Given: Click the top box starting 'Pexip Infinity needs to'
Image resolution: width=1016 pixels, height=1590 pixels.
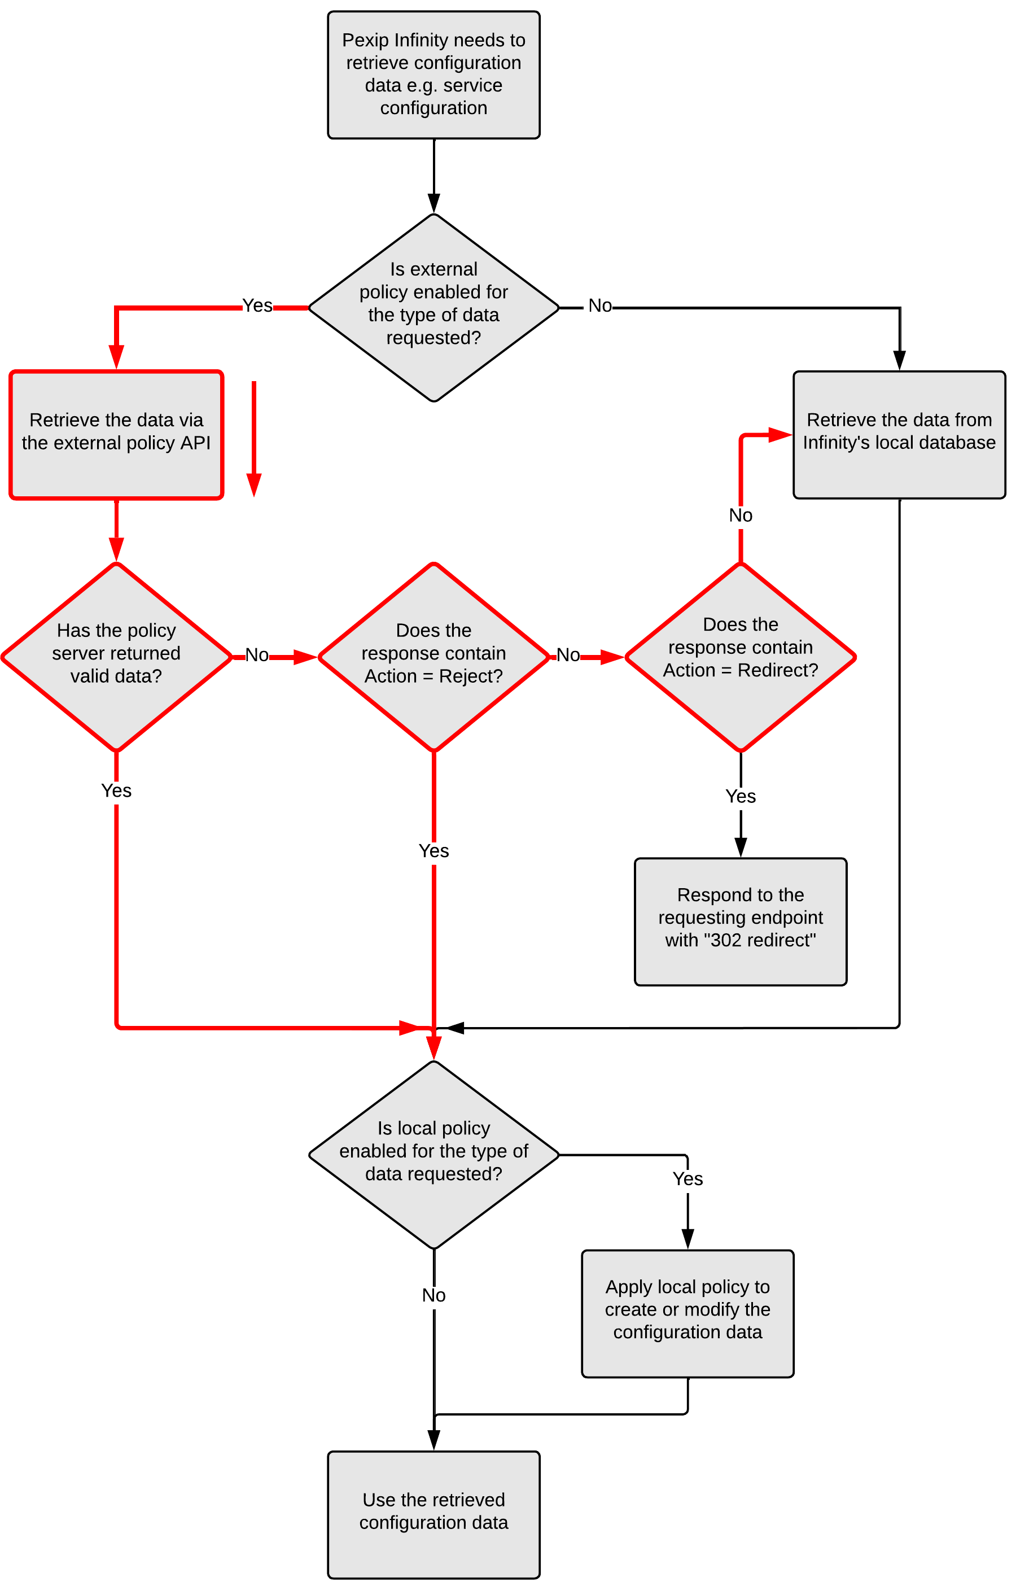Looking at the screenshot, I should pos(433,75).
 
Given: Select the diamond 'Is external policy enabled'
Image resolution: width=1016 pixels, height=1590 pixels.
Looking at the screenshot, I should pos(433,307).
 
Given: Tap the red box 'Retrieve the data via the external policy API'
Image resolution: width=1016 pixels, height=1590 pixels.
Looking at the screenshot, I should pos(116,434).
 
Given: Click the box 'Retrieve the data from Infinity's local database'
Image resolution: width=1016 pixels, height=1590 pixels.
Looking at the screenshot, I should pos(899,434).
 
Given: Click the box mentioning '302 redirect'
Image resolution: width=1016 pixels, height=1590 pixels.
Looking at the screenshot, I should pos(740,921).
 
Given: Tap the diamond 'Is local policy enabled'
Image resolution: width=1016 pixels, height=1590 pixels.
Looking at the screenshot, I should pos(433,1154).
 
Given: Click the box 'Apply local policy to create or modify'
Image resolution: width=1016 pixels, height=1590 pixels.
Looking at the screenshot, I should pos(687,1313).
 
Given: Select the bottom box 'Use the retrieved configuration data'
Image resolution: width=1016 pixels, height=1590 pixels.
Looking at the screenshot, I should pos(433,1514).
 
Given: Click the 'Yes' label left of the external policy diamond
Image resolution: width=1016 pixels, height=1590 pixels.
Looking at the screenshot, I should pos(257,305).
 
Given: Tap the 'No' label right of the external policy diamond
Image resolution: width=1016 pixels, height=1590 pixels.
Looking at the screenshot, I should pos(599,305).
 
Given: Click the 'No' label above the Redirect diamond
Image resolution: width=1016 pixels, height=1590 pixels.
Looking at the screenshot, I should pos(740,515).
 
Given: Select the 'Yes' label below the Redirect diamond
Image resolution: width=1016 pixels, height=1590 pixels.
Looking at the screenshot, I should pos(740,796).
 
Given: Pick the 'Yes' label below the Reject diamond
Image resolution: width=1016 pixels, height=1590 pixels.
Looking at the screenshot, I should pos(433,850).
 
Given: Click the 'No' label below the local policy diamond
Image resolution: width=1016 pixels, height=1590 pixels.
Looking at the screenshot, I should pos(433,1295).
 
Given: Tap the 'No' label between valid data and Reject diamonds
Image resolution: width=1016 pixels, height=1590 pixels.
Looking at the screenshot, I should pos(257,654).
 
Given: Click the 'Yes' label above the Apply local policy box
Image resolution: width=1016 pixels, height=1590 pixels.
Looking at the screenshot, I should pos(687,1178).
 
